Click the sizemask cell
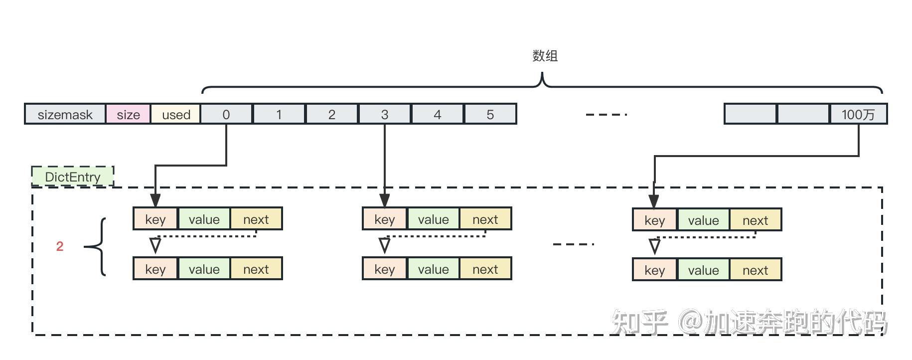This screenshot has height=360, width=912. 65,114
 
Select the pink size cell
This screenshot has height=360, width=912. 128,114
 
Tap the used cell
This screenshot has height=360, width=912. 176,114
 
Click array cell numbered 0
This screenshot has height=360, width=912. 226,114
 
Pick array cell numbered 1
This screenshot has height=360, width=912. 279,114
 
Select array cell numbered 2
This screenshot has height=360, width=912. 332,114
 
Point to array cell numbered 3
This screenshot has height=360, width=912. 385,114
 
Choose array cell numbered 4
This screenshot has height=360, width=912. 438,114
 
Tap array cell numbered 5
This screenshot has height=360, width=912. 490,114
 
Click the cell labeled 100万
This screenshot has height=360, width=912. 858,114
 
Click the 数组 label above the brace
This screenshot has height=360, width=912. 545,56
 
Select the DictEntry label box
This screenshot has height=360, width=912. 73,177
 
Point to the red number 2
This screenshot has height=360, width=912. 60,246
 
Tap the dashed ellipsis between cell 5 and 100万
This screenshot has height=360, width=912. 606,115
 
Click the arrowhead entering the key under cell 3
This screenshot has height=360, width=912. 385,200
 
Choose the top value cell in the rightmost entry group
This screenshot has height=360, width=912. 703,220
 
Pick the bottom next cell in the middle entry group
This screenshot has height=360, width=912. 485,269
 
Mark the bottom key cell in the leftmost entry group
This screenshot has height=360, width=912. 155,269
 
